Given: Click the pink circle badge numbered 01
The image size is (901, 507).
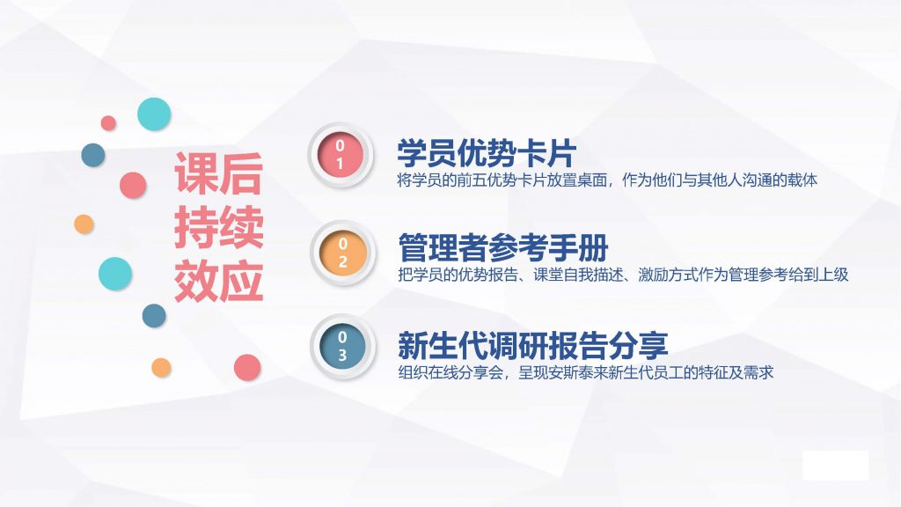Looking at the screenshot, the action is [341, 155].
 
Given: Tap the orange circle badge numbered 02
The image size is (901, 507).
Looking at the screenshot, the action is [343, 253].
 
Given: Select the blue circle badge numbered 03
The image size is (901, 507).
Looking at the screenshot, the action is [343, 347].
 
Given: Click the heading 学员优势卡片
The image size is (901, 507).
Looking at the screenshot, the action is [486, 152].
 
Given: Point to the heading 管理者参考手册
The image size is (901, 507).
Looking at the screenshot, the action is [502, 247].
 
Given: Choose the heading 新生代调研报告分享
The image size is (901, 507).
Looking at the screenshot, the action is [532, 344].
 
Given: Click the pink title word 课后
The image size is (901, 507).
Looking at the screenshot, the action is [219, 173].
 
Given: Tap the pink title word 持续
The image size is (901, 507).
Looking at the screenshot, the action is [219, 227].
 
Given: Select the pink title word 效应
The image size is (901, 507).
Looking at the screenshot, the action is [219, 282].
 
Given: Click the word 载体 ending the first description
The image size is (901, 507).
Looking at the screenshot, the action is [802, 180].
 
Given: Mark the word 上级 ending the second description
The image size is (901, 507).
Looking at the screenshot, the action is [833, 275].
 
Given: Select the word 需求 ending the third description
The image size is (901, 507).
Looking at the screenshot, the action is [758, 372].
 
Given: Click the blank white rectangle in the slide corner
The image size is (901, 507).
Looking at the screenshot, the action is [836, 466].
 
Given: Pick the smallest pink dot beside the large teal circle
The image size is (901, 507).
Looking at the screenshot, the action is [108, 123].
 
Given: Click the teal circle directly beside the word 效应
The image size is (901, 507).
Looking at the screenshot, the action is [115, 274].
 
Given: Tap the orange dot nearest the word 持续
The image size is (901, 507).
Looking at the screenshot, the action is [84, 224].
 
